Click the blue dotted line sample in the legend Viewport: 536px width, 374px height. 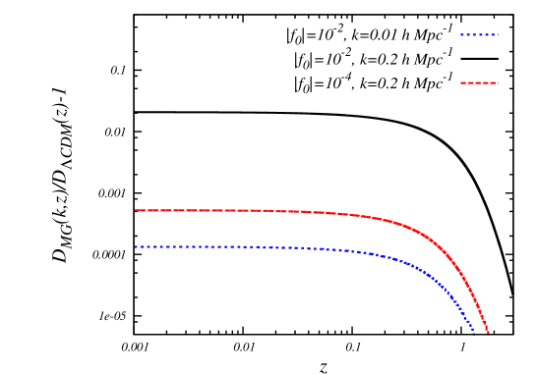[479, 35]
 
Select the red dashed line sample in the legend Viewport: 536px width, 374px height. [479, 83]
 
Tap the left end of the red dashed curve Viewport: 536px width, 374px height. [136, 210]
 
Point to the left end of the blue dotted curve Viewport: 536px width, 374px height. [136, 246]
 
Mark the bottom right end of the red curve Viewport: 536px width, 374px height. [488, 333]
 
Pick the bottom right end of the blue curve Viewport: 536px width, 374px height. [474, 332]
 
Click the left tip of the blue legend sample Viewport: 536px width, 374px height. [460, 35]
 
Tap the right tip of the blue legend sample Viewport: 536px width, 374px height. [499, 35]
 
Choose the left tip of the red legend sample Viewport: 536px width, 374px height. [460, 83]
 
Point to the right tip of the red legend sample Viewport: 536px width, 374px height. [499, 83]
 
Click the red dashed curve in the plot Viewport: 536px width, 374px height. [295, 211]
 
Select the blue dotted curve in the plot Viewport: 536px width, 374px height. [295, 247]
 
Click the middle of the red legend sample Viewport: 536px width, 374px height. [479, 83]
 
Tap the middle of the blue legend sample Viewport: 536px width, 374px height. [479, 35]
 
